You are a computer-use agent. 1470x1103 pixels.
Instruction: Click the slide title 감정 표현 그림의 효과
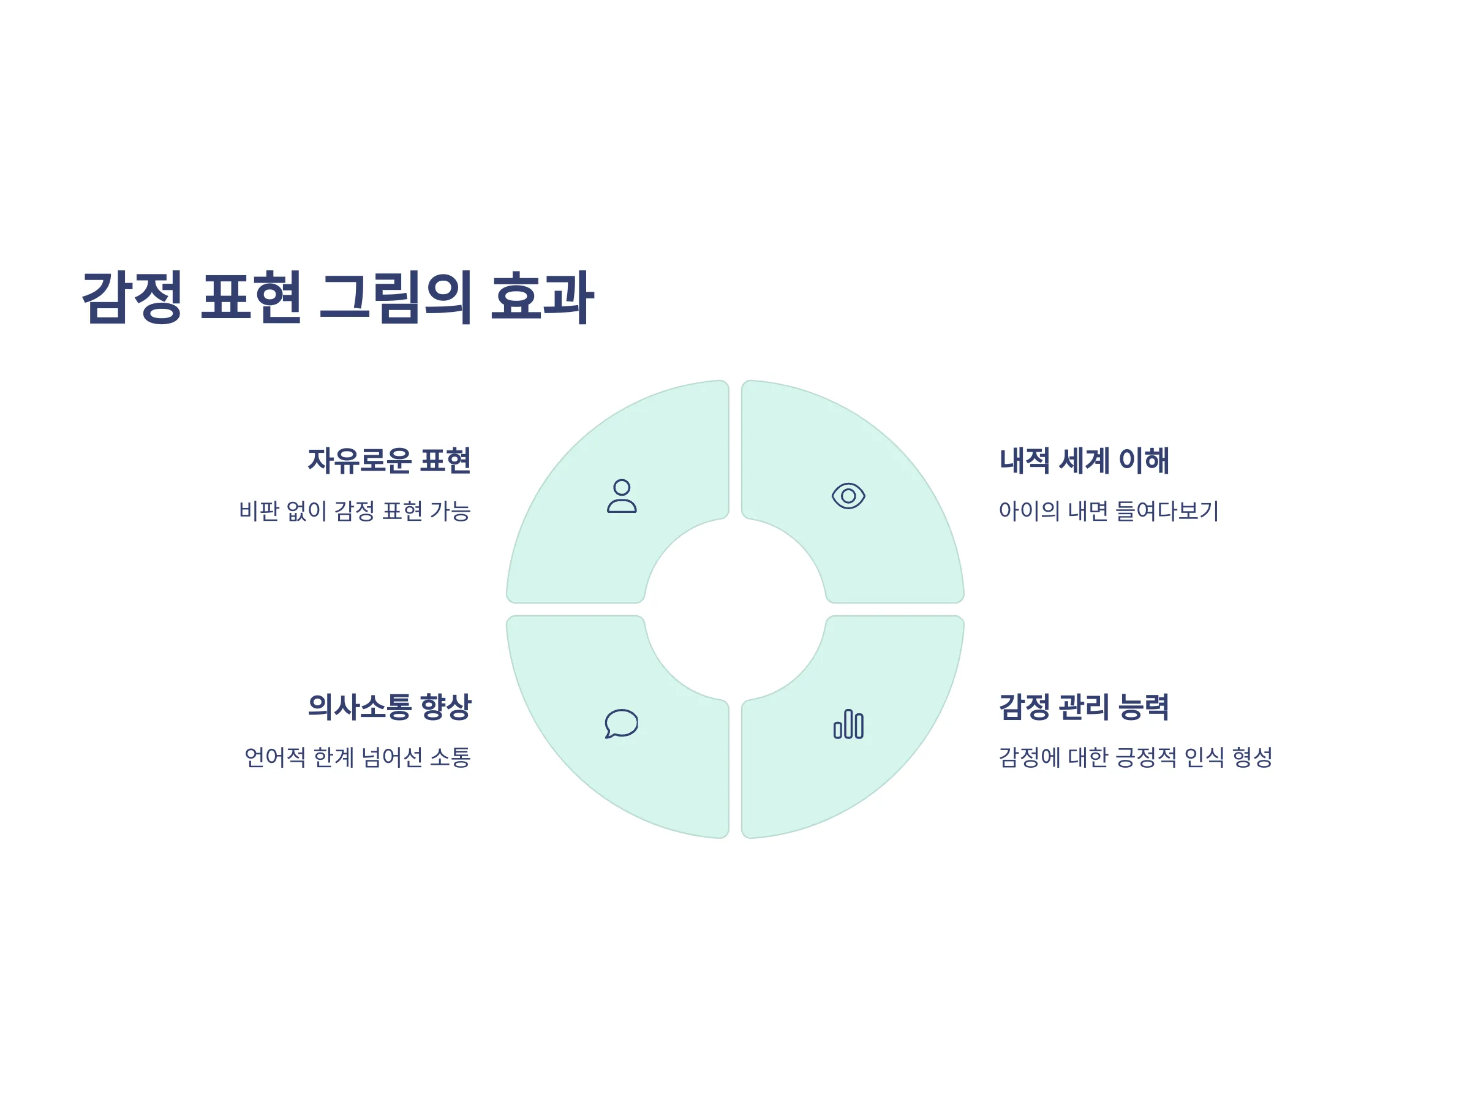click(x=337, y=297)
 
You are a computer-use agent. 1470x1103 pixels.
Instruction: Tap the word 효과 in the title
click(x=542, y=297)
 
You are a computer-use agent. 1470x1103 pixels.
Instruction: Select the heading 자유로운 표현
click(x=390, y=461)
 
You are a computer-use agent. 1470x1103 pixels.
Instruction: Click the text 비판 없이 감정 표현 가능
click(x=355, y=511)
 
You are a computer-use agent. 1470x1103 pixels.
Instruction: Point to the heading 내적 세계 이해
click(x=1084, y=461)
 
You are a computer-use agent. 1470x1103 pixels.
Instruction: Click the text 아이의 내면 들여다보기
click(x=1109, y=511)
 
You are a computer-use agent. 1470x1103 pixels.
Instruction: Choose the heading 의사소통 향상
click(x=390, y=707)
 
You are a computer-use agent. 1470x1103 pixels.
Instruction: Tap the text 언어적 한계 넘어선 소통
click(x=358, y=757)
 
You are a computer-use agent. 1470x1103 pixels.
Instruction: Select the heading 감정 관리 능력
click(x=1084, y=707)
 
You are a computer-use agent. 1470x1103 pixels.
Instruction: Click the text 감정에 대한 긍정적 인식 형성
click(x=1136, y=757)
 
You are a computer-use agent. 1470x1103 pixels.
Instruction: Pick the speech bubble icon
click(x=621, y=723)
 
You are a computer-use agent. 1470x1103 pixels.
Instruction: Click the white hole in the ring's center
click(x=735, y=609)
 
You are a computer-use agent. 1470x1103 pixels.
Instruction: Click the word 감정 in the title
click(x=132, y=297)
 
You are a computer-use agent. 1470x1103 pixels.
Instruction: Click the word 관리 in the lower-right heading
click(x=1084, y=707)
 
